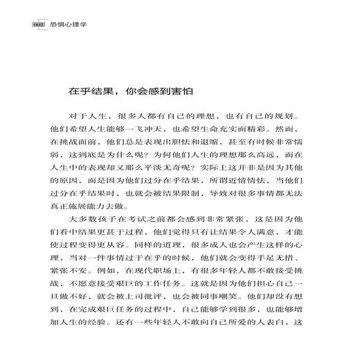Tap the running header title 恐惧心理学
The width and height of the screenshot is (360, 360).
click(54, 26)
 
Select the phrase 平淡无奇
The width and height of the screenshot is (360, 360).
click(174, 173)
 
